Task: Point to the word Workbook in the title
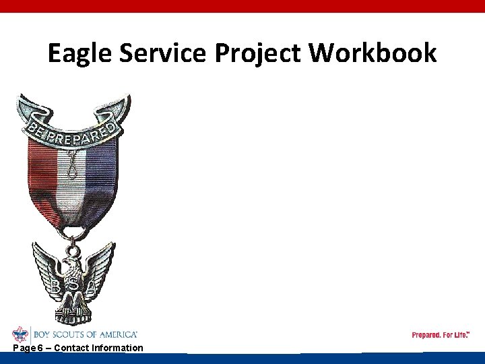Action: point(373,53)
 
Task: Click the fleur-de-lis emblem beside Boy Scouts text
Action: point(20,334)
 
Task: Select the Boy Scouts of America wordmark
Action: point(85,334)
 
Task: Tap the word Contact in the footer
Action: point(71,348)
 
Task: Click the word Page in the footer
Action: point(24,348)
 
